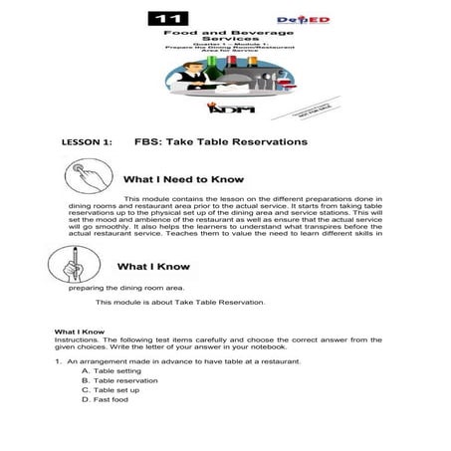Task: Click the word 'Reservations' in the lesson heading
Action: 264,142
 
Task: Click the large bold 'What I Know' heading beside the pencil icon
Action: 160,267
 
